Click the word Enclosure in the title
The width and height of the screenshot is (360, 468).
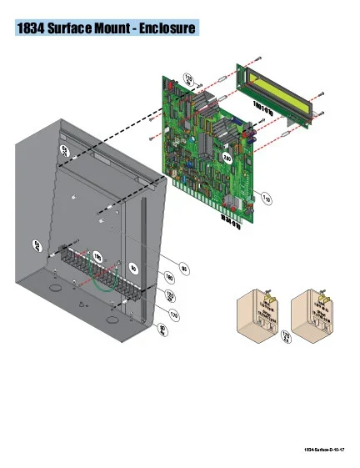163,29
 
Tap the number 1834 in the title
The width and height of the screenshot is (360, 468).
33,29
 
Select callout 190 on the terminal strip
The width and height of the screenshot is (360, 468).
97,255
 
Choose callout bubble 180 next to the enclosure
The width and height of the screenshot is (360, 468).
169,277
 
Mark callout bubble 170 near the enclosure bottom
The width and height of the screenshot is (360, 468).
173,315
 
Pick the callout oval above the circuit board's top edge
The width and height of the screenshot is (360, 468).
187,79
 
